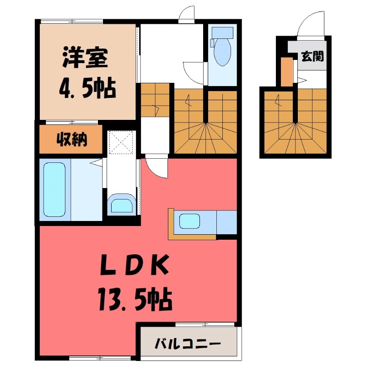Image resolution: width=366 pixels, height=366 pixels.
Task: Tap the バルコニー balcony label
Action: [188, 343]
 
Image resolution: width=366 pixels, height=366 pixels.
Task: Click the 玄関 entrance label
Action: [312, 56]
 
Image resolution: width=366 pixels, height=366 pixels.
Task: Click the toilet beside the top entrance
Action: [222, 49]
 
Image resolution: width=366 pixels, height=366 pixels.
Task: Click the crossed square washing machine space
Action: [121, 142]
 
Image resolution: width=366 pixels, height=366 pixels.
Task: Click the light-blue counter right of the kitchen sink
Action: [226, 222]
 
